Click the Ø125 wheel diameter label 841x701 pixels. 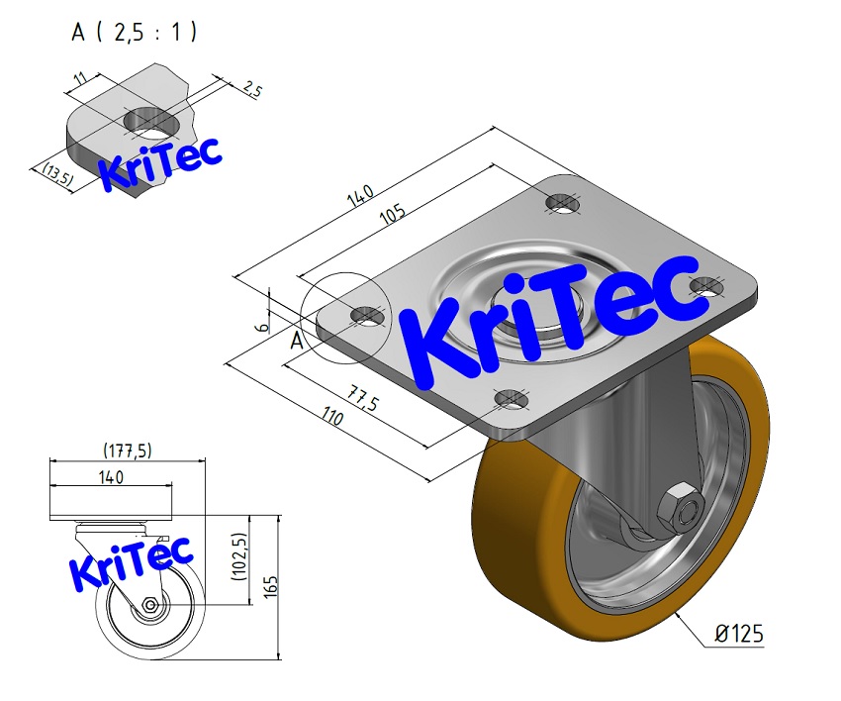tap(737, 634)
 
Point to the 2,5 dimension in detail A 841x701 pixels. tap(251, 89)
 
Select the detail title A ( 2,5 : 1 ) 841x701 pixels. tap(134, 33)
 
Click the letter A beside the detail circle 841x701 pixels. tap(296, 342)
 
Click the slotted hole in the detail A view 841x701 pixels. tap(150, 123)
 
